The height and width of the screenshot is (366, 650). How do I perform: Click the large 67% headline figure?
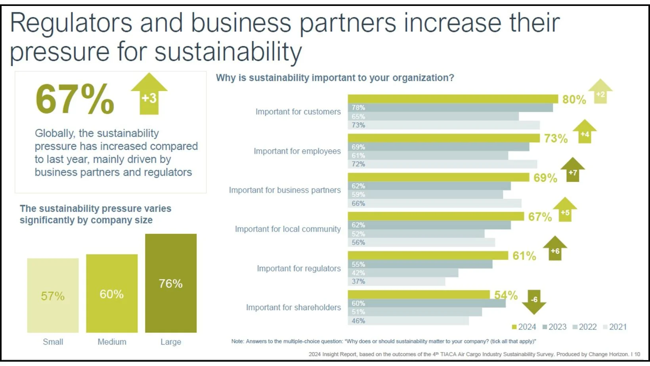click(x=75, y=99)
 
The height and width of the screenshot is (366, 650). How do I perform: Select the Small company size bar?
click(x=53, y=295)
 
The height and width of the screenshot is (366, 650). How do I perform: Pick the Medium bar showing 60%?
click(x=112, y=293)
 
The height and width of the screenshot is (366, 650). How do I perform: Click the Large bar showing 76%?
click(x=171, y=283)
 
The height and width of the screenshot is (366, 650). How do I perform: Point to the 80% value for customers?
click(x=574, y=99)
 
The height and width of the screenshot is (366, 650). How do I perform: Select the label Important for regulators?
click(x=298, y=269)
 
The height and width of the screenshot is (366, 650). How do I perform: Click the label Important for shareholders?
click(x=293, y=307)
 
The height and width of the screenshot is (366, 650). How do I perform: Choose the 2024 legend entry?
click(x=524, y=327)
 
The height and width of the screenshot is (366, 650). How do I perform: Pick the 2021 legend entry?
click(x=615, y=327)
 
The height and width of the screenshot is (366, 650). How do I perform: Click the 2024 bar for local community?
click(x=436, y=216)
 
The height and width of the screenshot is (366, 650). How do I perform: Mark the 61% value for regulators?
click(x=524, y=256)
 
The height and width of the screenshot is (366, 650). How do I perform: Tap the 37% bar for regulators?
click(x=396, y=282)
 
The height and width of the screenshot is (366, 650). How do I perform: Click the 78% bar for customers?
click(x=450, y=108)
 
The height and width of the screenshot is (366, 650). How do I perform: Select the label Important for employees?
click(x=297, y=151)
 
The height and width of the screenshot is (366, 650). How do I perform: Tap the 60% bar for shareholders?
click(x=426, y=303)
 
